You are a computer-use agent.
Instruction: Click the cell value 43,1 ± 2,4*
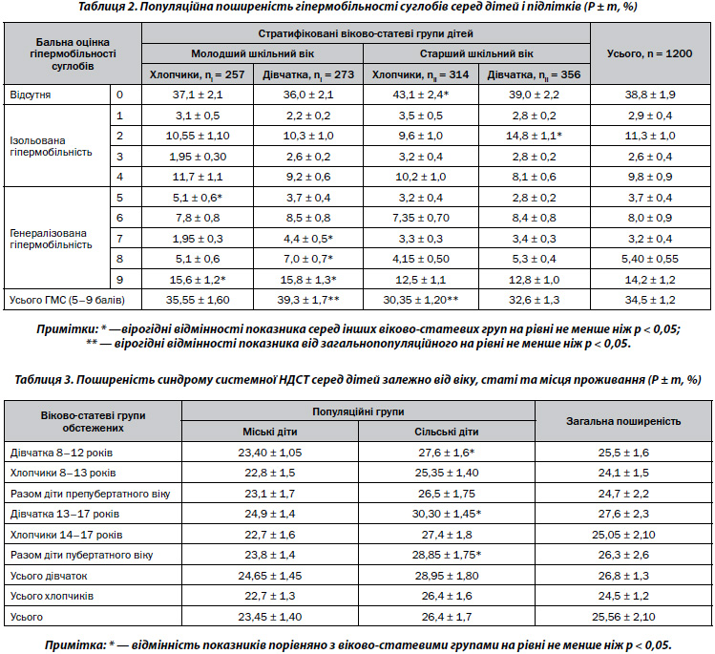(x=421, y=95)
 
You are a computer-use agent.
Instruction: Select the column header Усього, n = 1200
(x=649, y=53)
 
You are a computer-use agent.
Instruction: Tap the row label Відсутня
(x=31, y=95)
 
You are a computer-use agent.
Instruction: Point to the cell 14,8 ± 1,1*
(x=534, y=136)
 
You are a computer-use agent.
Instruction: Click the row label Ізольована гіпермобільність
(x=52, y=146)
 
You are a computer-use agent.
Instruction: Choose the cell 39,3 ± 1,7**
(x=308, y=300)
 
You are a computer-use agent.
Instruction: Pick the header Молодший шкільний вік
(x=252, y=53)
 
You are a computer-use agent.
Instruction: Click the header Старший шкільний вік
(x=476, y=53)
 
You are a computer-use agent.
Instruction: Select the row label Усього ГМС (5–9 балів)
(x=67, y=300)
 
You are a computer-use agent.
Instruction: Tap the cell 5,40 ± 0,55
(x=650, y=259)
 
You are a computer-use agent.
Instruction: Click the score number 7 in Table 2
(x=119, y=239)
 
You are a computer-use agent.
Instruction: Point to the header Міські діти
(x=270, y=432)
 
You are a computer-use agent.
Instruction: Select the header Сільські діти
(x=447, y=432)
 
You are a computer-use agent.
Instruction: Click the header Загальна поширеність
(x=623, y=421)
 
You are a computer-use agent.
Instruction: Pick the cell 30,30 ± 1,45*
(x=447, y=514)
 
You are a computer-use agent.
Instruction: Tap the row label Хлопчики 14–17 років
(x=66, y=535)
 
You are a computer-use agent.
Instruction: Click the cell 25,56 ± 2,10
(x=623, y=617)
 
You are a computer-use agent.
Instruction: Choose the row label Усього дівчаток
(x=49, y=576)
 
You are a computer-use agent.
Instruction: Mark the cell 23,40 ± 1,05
(x=270, y=453)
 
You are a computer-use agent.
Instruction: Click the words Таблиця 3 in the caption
(x=44, y=380)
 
